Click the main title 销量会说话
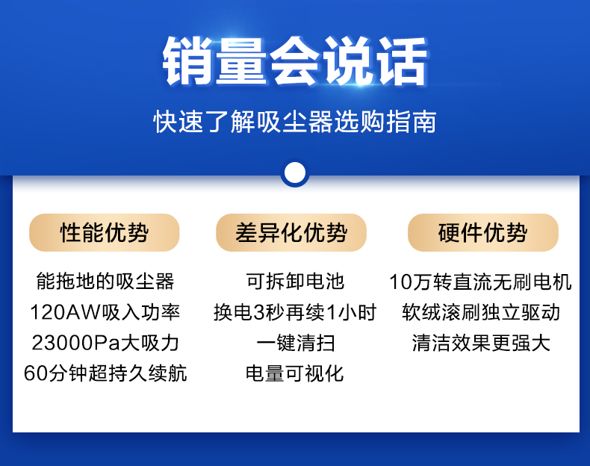[294, 61]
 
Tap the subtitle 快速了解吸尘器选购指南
[294, 122]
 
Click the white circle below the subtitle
[295, 173]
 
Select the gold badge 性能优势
[105, 232]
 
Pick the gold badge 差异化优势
[291, 232]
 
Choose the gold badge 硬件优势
[483, 232]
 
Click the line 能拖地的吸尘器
[105, 282]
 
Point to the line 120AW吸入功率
[105, 312]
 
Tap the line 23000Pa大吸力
[105, 343]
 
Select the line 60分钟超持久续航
[105, 373]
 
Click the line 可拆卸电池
[295, 282]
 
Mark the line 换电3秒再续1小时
[295, 312]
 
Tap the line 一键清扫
[296, 343]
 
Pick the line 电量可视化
[294, 373]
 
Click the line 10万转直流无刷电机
[481, 282]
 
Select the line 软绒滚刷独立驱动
[481, 312]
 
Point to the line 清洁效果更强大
[481, 343]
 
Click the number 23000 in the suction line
[62, 343]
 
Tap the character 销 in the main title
[187, 61]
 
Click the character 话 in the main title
[403, 61]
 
